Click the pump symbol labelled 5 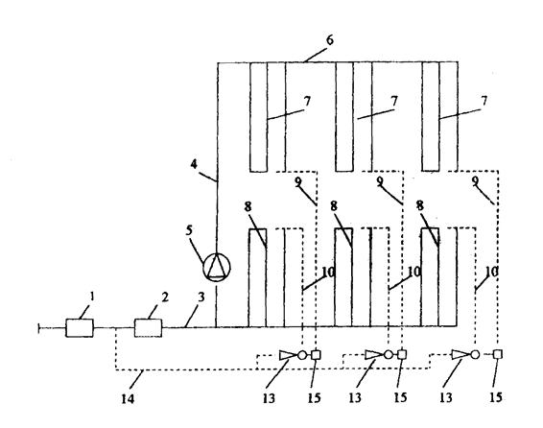click(216, 267)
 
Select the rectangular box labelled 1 click(80, 327)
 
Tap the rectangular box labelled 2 click(148, 327)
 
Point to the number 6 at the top click(330, 39)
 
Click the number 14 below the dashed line click(128, 399)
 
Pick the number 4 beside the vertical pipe click(194, 164)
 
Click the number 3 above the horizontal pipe click(201, 297)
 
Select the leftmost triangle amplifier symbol click(288, 355)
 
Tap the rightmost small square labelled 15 click(497, 354)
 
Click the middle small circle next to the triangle click(389, 354)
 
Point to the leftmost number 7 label click(307, 101)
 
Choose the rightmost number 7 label click(484, 101)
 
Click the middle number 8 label click(334, 206)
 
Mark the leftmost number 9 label click(298, 180)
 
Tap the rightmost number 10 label click(491, 272)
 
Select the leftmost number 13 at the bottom click(269, 398)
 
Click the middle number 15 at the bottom click(400, 397)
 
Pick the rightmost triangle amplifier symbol click(460, 354)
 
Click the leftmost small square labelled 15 click(316, 354)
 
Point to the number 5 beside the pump click(189, 230)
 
